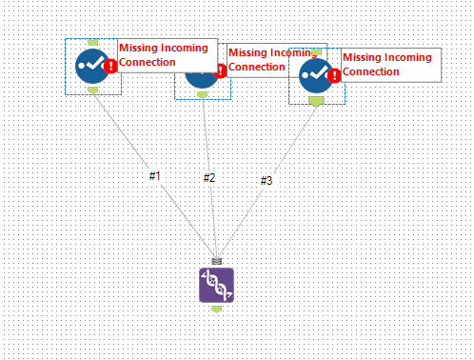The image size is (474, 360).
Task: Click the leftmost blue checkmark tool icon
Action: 92,66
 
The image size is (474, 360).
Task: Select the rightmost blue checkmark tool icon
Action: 315,75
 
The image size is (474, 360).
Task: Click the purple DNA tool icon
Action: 216,285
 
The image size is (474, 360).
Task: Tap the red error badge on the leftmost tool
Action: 110,67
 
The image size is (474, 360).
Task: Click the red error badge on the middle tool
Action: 221,70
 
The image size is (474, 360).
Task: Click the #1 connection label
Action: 155,176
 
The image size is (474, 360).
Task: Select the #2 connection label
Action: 209,178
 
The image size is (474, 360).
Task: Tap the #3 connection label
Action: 266,180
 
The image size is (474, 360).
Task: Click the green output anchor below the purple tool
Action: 216,308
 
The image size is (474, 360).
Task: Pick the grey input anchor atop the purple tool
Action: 216,261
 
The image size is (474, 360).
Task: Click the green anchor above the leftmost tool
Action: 92,43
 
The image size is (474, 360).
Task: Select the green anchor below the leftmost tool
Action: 92,90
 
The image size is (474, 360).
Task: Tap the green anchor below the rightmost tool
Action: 315,99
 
